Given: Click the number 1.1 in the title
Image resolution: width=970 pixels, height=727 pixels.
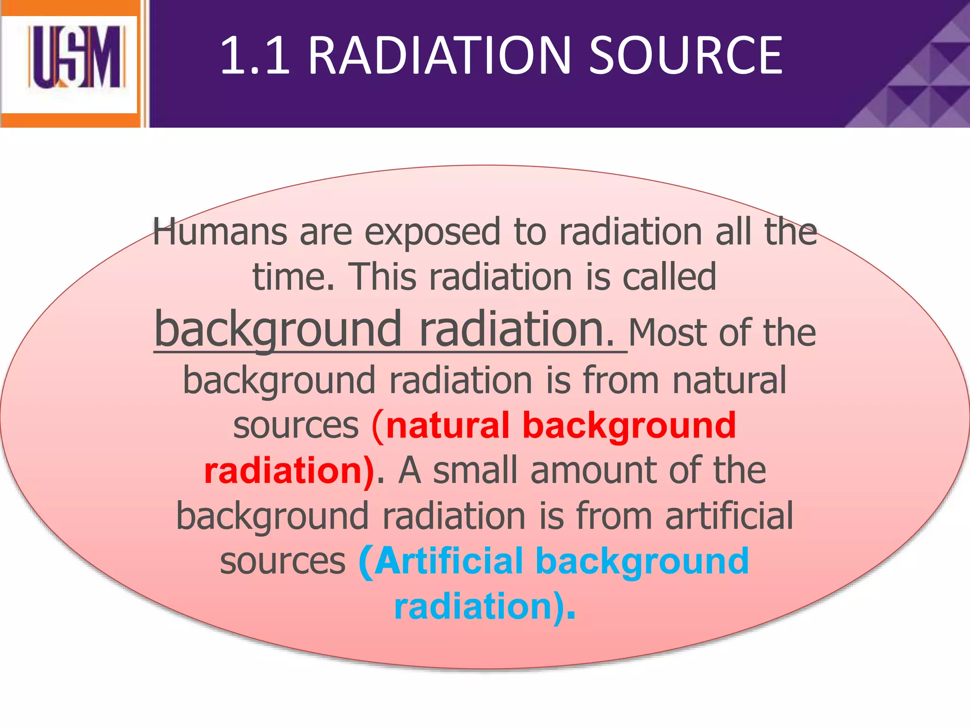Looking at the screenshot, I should click(x=255, y=56).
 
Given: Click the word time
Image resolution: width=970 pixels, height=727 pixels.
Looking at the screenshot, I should click(x=293, y=277).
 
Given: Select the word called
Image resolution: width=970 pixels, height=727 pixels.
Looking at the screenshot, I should click(x=669, y=277).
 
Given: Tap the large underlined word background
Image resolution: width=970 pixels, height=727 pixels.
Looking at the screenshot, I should click(x=278, y=329).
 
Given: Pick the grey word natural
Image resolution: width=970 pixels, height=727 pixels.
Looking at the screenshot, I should click(x=729, y=380).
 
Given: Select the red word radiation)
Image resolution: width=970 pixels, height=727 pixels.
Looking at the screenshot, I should click(x=289, y=470).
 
